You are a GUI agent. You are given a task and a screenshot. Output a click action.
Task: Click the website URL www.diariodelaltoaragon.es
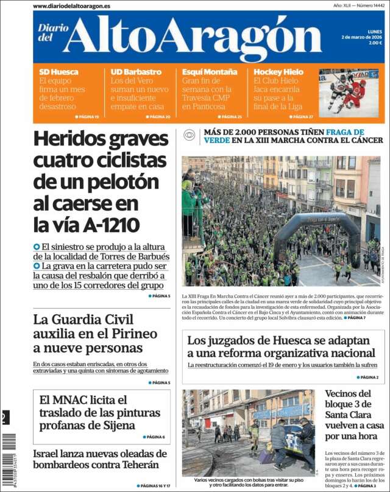(x=71, y=5)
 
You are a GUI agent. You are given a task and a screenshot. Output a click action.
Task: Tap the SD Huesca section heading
(x=59, y=72)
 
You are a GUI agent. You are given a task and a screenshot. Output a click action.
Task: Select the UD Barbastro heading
(x=136, y=72)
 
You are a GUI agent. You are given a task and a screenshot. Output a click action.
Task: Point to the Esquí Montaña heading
(x=210, y=72)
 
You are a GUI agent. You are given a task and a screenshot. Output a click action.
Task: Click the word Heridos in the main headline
(x=71, y=139)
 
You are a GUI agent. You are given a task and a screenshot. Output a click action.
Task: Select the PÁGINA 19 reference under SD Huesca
(x=89, y=116)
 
